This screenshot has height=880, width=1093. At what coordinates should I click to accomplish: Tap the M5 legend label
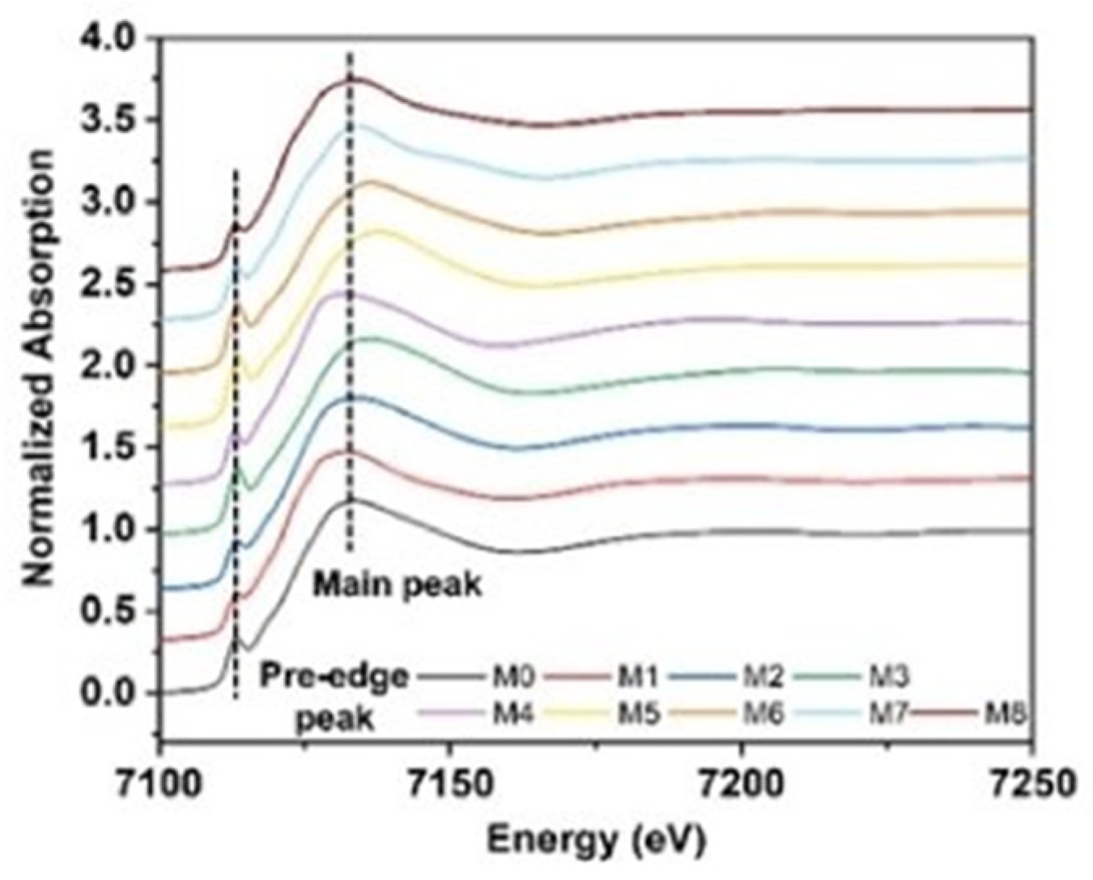point(639,714)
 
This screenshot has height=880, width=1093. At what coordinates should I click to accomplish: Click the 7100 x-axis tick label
point(162,783)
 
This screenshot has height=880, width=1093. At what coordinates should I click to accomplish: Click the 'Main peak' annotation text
point(398,584)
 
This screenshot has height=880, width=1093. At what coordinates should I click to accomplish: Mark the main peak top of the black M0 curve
point(350,500)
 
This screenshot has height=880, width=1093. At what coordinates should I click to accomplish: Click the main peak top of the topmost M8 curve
point(350,79)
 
